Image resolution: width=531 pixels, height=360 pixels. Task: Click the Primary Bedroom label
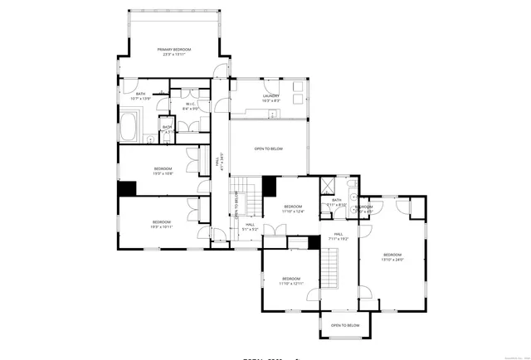pos(174,50)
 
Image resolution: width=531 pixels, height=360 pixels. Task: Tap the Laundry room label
pos(270,95)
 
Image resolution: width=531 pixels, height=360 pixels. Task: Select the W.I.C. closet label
pos(190,104)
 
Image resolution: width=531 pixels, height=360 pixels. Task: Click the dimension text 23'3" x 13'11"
pos(174,56)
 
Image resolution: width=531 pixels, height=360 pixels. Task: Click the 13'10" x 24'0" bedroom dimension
pos(392,260)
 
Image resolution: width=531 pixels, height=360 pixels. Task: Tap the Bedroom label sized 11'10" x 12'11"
pos(290,278)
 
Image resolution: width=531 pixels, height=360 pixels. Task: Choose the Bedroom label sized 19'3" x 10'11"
pos(161,221)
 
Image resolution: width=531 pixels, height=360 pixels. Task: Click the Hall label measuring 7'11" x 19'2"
pos(339,234)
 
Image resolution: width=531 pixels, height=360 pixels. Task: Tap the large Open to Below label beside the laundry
pos(268,149)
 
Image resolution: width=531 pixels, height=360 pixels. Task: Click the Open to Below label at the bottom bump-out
pos(345,325)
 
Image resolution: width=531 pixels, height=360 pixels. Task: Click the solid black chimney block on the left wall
pos(126,187)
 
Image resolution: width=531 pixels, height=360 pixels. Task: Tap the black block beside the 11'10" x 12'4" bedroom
pos(270,186)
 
